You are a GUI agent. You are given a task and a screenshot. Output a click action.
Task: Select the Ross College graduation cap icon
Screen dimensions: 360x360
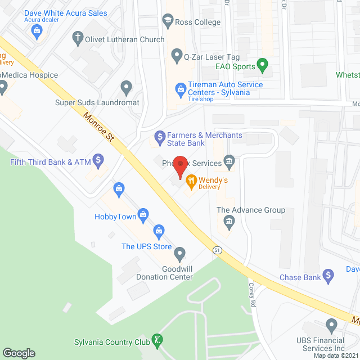point(167,21)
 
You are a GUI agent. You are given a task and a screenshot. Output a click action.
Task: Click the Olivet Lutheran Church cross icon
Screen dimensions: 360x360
point(76,39)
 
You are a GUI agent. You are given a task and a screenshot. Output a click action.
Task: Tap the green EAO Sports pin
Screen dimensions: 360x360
point(262,66)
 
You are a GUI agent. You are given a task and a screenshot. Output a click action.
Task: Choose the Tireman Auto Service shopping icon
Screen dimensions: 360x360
point(181,88)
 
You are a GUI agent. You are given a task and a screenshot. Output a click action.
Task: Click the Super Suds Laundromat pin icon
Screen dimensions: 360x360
point(126,88)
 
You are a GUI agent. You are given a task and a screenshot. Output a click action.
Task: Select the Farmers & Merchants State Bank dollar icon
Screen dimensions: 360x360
point(159,137)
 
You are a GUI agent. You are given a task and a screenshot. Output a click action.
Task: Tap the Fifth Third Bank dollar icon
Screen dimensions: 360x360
point(98,162)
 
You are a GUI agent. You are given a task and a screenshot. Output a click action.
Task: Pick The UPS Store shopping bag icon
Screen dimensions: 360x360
point(159,231)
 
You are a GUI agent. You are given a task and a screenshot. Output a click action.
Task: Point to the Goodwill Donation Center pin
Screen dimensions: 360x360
point(180,254)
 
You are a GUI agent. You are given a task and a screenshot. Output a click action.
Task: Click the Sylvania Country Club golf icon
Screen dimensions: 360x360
point(159,340)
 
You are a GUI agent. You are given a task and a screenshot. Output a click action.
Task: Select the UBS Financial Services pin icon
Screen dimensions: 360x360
point(331,325)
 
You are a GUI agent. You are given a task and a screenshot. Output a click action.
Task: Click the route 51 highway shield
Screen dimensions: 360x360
point(217,249)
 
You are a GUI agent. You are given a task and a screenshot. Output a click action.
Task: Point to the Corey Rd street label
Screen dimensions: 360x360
point(252,293)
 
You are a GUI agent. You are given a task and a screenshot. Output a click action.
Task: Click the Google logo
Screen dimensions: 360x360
point(19,353)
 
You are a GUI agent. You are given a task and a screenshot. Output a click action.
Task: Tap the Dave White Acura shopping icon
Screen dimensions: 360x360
point(37,30)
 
